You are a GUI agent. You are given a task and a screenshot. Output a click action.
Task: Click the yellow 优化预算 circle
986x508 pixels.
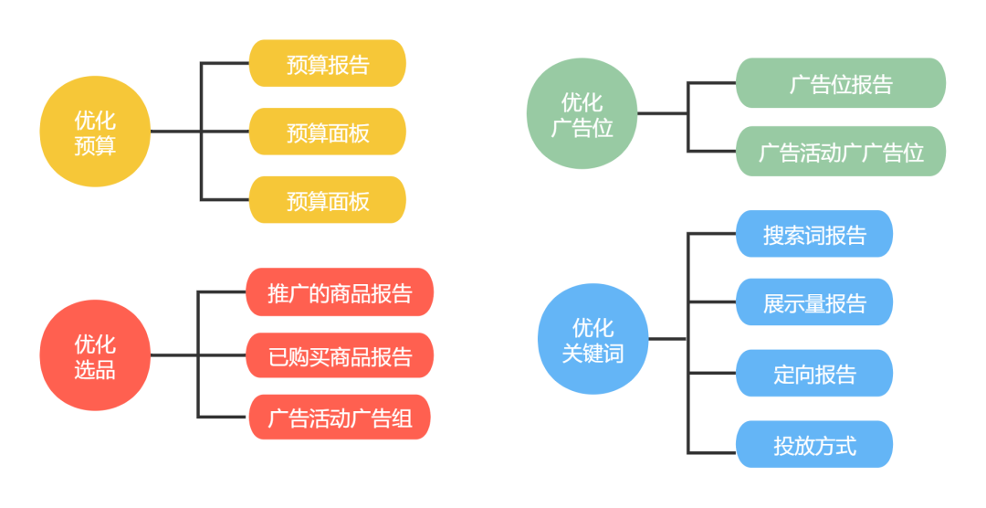[95, 132]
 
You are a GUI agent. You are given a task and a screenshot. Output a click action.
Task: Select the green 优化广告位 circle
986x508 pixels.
[582, 114]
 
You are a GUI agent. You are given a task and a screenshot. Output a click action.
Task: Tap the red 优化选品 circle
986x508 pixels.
[95, 355]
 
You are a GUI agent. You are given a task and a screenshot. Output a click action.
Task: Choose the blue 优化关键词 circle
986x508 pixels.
[593, 339]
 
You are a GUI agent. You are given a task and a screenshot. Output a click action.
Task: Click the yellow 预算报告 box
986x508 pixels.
[327, 64]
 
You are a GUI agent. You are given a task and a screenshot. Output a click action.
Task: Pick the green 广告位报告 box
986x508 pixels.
[841, 84]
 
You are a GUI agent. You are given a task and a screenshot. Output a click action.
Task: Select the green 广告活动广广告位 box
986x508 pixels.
[841, 152]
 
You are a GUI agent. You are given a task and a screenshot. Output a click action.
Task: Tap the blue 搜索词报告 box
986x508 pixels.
[814, 234]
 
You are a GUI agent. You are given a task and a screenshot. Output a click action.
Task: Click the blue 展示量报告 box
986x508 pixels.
[814, 302]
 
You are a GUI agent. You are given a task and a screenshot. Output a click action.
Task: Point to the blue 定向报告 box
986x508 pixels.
[814, 374]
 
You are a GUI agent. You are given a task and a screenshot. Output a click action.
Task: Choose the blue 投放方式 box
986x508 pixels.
[814, 445]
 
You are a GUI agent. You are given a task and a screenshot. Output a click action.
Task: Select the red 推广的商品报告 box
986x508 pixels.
[340, 292]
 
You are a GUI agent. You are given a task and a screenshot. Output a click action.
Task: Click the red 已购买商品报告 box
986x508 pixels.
[340, 355]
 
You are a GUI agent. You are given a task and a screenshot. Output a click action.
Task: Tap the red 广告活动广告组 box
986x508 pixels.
[340, 418]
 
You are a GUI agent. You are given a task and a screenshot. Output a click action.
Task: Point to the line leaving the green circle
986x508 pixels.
[662, 114]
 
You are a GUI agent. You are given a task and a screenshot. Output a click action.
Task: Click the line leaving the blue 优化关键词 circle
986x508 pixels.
[667, 339]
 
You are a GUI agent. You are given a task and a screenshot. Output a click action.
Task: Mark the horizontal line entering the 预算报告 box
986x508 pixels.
[225, 64]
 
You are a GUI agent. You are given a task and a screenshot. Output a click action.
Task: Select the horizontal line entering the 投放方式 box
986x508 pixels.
[712, 453]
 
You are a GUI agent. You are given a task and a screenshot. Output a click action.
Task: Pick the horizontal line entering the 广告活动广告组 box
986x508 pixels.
[223, 418]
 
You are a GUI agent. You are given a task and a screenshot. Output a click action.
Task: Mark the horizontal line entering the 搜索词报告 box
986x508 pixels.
[712, 233]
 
